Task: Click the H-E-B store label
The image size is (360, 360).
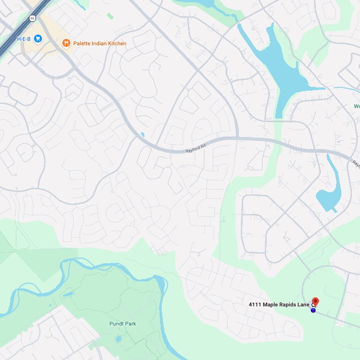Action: point(24,38)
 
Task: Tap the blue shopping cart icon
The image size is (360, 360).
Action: point(38,38)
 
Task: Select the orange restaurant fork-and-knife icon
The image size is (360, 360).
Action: point(66,43)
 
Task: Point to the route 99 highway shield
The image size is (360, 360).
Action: point(33,18)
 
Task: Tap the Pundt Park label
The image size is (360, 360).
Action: point(122,323)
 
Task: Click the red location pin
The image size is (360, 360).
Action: point(315,302)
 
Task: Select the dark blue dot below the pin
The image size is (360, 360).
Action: point(313,310)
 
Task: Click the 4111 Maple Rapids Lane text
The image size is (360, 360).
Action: point(279,304)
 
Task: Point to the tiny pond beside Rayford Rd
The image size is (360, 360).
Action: point(143,134)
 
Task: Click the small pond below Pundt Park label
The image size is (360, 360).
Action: point(119,339)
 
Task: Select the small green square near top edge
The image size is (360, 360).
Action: point(110,16)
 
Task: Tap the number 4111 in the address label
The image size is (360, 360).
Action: point(255,304)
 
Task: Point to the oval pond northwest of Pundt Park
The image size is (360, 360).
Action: point(67,294)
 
